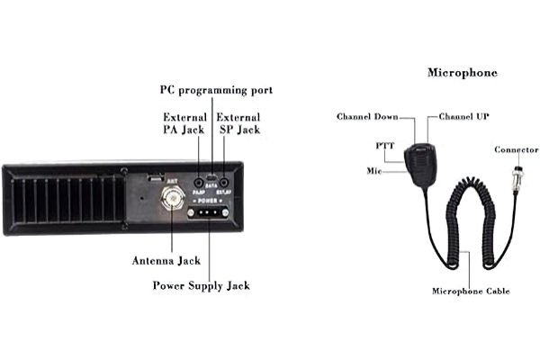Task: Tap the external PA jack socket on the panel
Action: [197, 182]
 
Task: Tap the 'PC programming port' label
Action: [216, 90]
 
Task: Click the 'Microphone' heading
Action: [462, 71]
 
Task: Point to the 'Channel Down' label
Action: [368, 117]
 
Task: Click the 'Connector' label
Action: [517, 149]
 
